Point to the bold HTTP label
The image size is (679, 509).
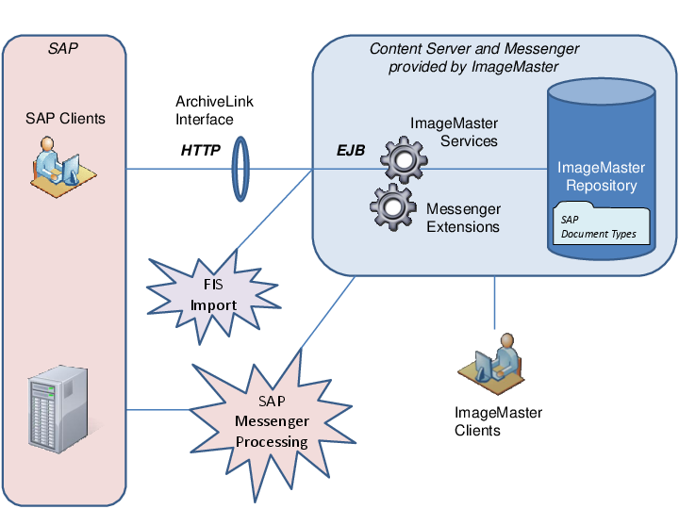[200, 150]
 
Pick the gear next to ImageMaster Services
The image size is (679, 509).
[405, 159]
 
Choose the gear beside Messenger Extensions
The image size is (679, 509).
[392, 207]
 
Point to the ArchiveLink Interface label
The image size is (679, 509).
[214, 110]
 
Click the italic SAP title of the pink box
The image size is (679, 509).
[63, 48]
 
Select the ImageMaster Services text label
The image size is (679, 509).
[454, 132]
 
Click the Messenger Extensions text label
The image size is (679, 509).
[463, 218]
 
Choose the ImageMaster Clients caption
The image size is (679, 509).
[498, 421]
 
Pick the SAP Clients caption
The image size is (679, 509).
[66, 119]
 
